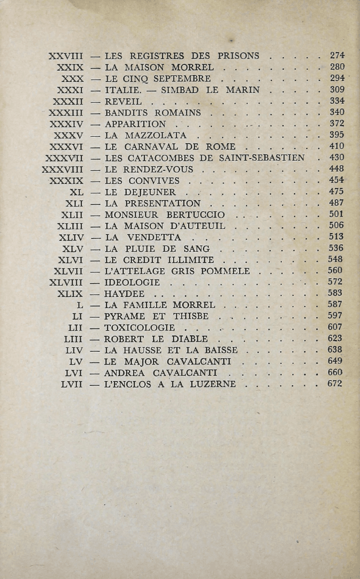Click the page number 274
coord(337,55)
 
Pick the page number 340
coord(337,112)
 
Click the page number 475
coord(337,192)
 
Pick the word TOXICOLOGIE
coord(140,327)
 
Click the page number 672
coord(337,384)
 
